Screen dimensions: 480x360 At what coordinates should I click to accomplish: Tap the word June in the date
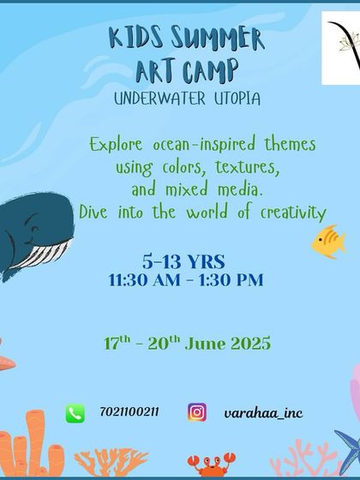coord(209,344)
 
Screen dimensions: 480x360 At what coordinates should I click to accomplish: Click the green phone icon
coord(75,413)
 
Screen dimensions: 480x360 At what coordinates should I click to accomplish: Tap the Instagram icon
coord(197,413)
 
